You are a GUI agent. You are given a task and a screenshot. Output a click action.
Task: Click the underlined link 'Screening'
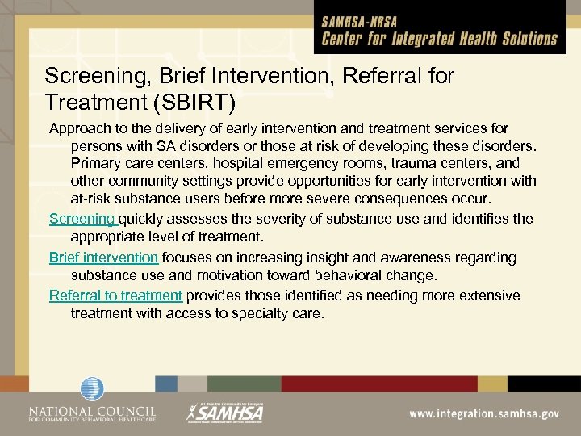coord(82,219)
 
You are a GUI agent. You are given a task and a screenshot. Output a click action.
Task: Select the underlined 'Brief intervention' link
coord(103,258)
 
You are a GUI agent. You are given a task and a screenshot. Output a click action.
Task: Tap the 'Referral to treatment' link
coord(115,296)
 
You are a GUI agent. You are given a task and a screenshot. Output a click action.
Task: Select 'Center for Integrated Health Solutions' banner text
coord(440,38)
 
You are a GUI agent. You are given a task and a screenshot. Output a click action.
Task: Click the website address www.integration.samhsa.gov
coord(483,413)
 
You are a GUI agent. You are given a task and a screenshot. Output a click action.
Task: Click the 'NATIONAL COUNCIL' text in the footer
coord(91,409)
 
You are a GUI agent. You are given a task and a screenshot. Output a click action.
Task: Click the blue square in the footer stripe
coord(166,383)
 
